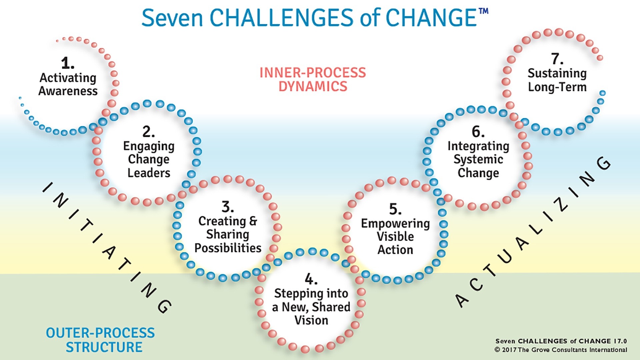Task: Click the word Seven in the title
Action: point(172,18)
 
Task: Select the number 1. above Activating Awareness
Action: point(67,63)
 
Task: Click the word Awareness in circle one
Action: point(68,91)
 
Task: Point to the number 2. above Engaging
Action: point(148,132)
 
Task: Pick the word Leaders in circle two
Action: point(149,173)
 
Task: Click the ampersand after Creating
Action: point(253,221)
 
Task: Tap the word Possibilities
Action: point(228,248)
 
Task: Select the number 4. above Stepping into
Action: point(311,279)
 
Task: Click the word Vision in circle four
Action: point(311,320)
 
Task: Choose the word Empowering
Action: point(395,223)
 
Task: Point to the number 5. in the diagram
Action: point(395,209)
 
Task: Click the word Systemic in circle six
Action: point(478,159)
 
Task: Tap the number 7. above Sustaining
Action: point(557,59)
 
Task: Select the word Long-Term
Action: point(557,87)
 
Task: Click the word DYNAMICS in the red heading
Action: point(313,87)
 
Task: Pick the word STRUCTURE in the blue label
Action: point(104,347)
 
